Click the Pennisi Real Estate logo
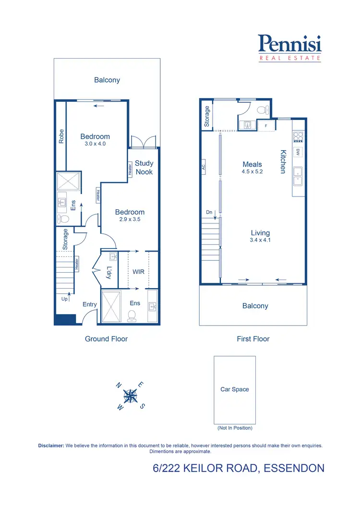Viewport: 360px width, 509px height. tap(289, 48)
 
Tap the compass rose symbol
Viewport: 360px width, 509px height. tap(130, 396)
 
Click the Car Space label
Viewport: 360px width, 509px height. tap(234, 389)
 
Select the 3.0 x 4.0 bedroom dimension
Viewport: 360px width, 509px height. tap(95, 144)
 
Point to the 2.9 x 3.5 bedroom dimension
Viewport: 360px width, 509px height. tap(130, 219)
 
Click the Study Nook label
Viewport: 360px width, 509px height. tap(144, 168)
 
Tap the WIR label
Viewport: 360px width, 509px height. tap(138, 272)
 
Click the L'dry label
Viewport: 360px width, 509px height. tap(109, 272)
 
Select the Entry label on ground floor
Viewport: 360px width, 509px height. tap(90, 304)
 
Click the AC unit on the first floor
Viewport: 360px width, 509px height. tap(204, 168)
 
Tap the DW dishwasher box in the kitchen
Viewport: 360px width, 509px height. tap(298, 152)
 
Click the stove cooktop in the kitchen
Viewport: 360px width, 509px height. tap(298, 137)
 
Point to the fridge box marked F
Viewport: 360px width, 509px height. tap(266, 126)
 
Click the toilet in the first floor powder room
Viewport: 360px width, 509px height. tap(262, 110)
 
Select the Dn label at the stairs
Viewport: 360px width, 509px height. tap(208, 212)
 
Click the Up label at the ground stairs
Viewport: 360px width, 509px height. tap(65, 299)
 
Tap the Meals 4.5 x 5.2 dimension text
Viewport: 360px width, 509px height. tap(252, 172)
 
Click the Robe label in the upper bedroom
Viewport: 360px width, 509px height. tap(61, 136)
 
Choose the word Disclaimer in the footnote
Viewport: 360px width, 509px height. tap(51, 446)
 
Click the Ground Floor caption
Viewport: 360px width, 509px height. tap(106, 339)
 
